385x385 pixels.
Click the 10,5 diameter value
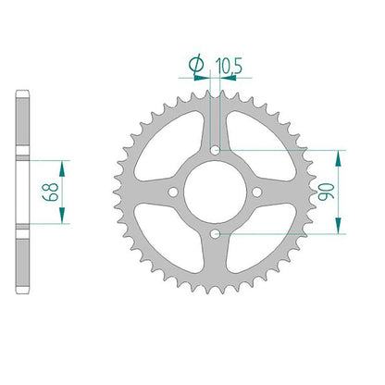(229, 66)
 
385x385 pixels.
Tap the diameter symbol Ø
(196, 65)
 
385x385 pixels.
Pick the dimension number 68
(51, 192)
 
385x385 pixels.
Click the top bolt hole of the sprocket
(215, 151)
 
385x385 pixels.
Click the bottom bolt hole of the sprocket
(215, 234)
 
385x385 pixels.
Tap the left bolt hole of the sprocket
(173, 192)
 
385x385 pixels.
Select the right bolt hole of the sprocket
(257, 192)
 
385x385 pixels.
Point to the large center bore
(215, 192)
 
